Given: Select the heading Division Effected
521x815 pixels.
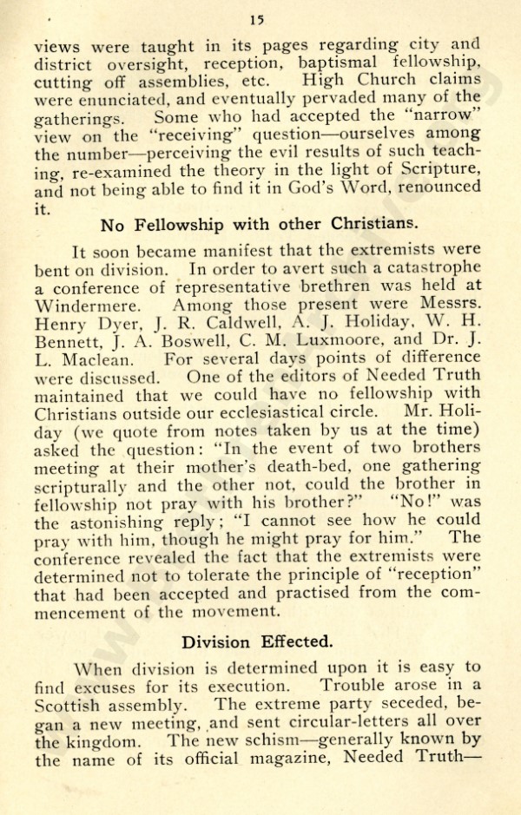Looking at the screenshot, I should tap(259, 644).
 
